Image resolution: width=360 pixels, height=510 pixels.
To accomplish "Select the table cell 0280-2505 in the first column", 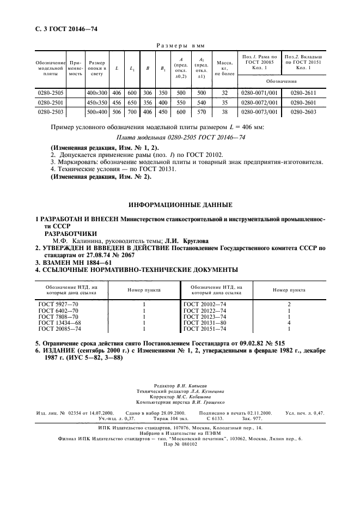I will click(x=50, y=93).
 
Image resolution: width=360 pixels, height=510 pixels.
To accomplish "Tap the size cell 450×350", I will click(x=97, y=102).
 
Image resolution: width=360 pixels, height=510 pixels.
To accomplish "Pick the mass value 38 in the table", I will click(x=223, y=111).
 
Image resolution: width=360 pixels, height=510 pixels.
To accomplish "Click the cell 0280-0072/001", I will click(x=259, y=102).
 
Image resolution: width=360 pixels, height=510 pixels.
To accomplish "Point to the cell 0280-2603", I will click(x=303, y=111).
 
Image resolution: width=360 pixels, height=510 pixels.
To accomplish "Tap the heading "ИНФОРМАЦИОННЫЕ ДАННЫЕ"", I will click(x=180, y=204).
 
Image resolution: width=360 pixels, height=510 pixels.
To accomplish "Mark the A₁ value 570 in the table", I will click(x=201, y=111).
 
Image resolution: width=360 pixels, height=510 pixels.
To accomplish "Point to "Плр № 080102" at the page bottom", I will click(x=180, y=444).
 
